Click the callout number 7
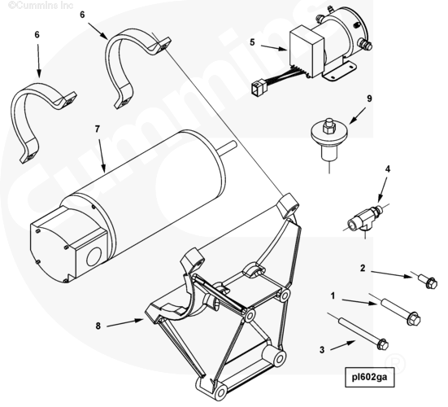coord(98,129)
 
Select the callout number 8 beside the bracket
coord(98,326)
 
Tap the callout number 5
coord(252,42)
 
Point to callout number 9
coord(369,98)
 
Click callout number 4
coord(388,169)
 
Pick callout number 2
coord(363,269)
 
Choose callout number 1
coord(333,295)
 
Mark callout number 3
coord(322,349)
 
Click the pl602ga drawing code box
coord(370,377)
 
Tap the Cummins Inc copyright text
coord(41,5)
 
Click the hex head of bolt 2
coord(431,282)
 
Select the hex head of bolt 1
coord(414,318)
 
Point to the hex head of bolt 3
coord(383,344)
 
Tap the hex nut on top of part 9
coord(328,126)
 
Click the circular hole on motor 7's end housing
coord(94,256)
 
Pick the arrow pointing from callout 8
coord(125,323)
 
